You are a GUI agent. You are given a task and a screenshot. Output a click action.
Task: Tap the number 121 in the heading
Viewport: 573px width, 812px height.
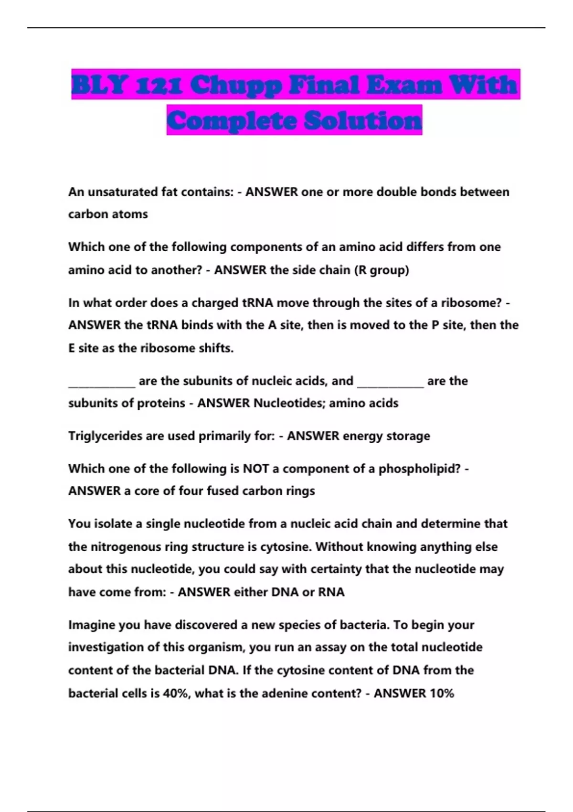(x=159, y=85)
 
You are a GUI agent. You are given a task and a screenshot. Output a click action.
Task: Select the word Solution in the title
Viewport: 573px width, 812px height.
(x=363, y=120)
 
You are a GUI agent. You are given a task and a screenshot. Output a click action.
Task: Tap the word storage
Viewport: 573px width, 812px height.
(x=408, y=436)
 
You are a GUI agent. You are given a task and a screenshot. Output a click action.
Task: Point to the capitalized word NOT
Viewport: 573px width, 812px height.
(x=256, y=469)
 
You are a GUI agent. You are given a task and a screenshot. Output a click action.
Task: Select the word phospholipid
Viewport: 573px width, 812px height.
(x=418, y=469)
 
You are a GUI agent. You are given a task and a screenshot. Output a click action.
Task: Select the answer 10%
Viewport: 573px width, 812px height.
(x=442, y=693)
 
